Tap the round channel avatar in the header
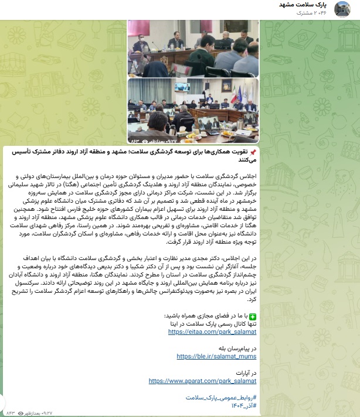[x=342, y=9]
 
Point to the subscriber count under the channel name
[x=313, y=12]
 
